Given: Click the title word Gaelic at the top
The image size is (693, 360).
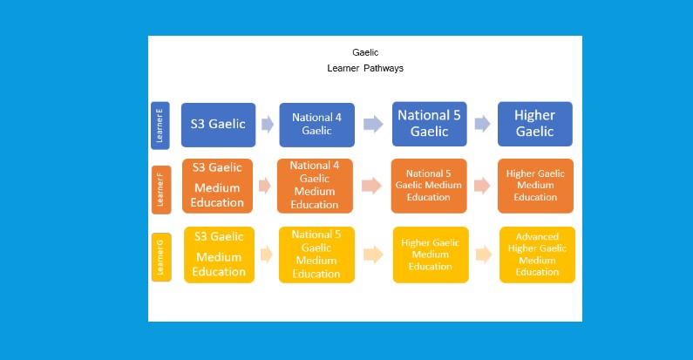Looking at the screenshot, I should click(365, 52).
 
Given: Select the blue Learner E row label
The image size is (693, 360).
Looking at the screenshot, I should click(160, 125).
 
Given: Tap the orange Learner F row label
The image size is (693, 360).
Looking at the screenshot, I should click(161, 189).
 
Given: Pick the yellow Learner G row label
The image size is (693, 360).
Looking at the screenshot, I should click(160, 255).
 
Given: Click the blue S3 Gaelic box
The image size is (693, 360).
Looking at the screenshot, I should click(219, 124).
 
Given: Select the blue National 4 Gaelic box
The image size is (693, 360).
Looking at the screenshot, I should click(316, 125).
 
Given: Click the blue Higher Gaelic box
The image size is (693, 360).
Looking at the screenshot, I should click(534, 124).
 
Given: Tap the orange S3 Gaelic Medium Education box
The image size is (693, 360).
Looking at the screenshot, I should click(218, 185).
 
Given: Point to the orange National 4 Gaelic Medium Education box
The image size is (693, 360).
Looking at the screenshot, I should click(315, 185).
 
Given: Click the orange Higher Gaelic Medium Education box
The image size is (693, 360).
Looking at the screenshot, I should click(535, 185).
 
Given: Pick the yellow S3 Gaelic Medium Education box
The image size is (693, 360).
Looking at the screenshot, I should click(219, 255).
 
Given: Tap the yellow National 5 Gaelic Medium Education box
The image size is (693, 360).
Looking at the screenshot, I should click(316, 255).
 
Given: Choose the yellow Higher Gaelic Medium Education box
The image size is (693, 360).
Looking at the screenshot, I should click(430, 255).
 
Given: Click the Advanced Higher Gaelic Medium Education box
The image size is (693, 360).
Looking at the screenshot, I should click(537, 255).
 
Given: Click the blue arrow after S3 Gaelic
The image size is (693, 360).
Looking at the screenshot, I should click(267, 125).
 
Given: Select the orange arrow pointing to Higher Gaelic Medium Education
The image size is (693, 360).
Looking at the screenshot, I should click(481, 186).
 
